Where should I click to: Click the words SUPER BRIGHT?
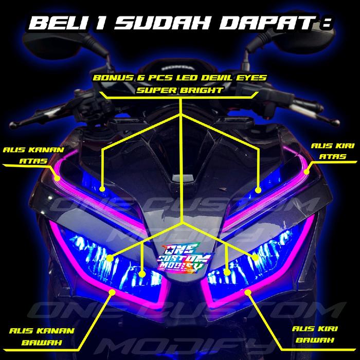[x=181, y=89]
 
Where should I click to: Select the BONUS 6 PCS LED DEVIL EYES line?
[x=180, y=79]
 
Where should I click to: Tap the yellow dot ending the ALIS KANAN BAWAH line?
[x=110, y=292]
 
